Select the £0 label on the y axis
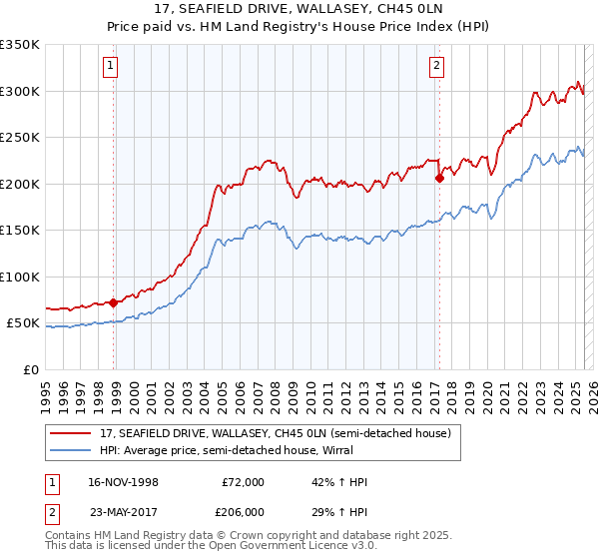point(29,369)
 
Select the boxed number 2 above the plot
point(436,67)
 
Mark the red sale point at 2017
point(439,179)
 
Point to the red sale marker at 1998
point(114,302)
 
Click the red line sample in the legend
point(72,433)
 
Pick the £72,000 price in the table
point(243,482)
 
